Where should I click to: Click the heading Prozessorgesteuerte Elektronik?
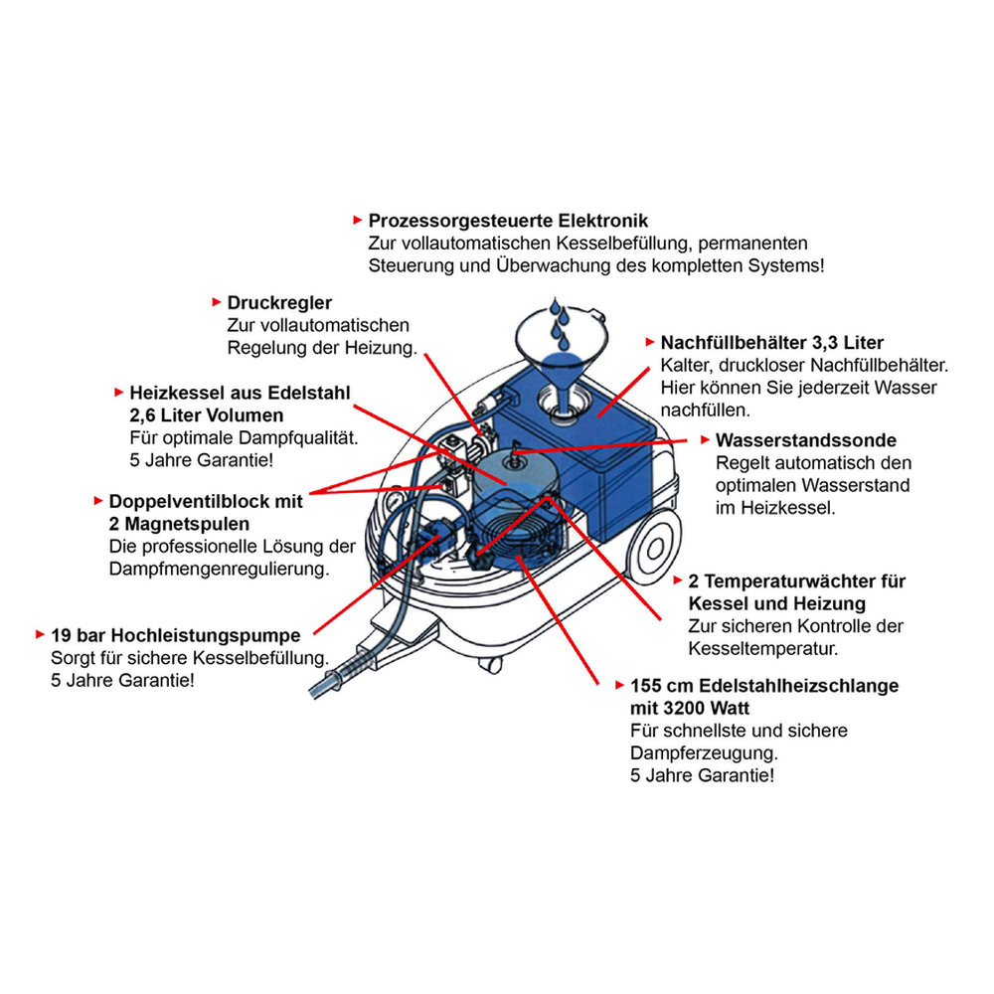[x=508, y=220]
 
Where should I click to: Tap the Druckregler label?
[x=279, y=301]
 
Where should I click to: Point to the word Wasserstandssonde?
[x=805, y=439]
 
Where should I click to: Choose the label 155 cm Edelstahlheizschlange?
[x=763, y=686]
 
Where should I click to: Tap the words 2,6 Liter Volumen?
[x=206, y=414]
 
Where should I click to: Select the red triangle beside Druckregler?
[x=217, y=301]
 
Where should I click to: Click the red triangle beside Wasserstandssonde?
[x=705, y=439]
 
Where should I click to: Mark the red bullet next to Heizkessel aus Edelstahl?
[x=119, y=393]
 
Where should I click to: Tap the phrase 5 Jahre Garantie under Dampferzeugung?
[x=701, y=774]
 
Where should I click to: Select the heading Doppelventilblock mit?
[x=205, y=502]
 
